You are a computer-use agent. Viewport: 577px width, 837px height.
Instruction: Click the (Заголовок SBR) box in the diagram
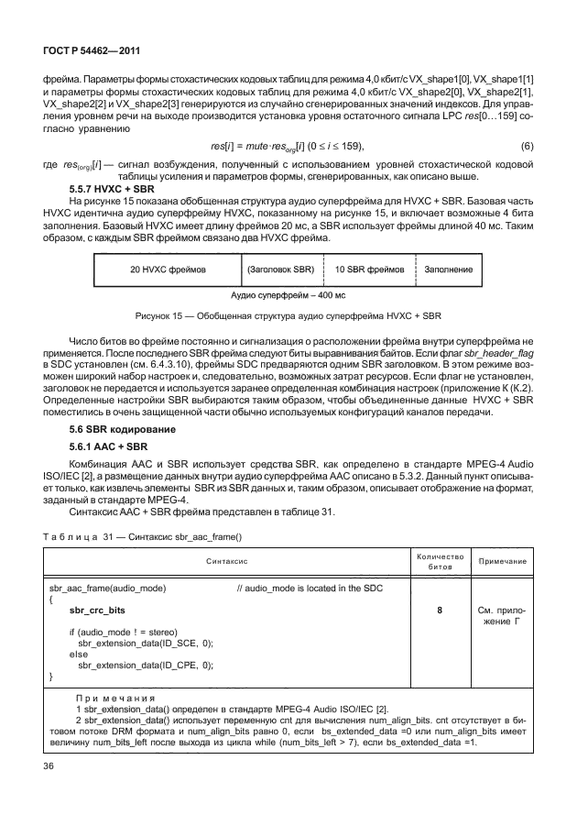(x=280, y=270)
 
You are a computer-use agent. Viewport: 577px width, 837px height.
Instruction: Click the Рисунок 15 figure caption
(x=288, y=317)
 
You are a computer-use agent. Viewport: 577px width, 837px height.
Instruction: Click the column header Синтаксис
(x=224, y=558)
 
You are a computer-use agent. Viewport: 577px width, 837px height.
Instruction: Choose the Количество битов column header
(x=441, y=558)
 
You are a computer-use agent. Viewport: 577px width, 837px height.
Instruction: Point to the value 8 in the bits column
(x=441, y=608)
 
